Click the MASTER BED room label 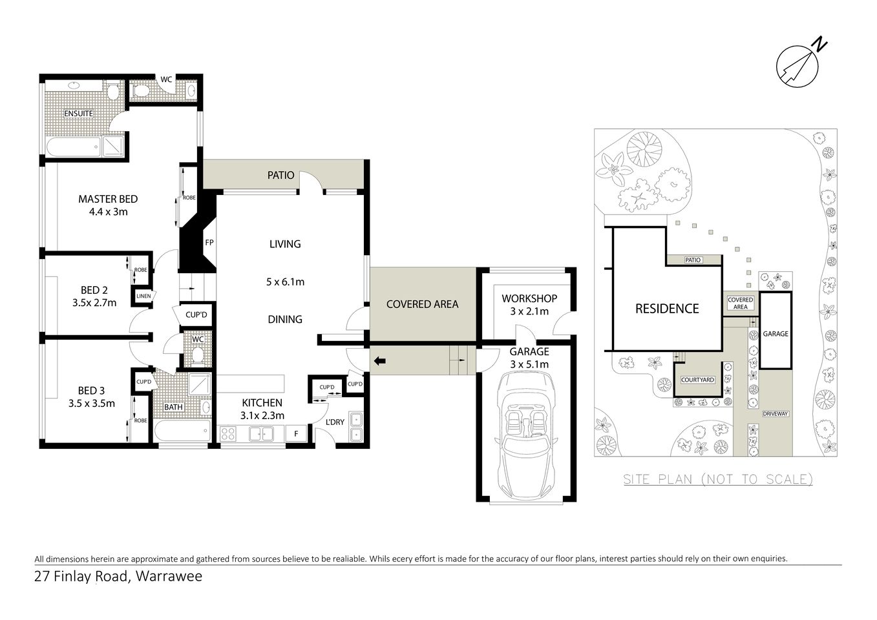(108, 199)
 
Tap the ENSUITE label (78, 114)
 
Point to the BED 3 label (91, 390)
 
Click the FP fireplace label (209, 243)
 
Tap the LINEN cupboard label (143, 296)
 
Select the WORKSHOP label (529, 298)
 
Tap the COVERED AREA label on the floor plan (422, 304)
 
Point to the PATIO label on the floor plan (281, 175)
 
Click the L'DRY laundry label (335, 422)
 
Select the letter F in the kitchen (296, 434)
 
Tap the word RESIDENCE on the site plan (667, 309)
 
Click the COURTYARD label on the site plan (698, 380)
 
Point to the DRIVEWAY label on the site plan (775, 414)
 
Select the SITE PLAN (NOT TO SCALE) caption (717, 479)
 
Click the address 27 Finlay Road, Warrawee (118, 576)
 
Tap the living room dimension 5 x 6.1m (285, 282)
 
